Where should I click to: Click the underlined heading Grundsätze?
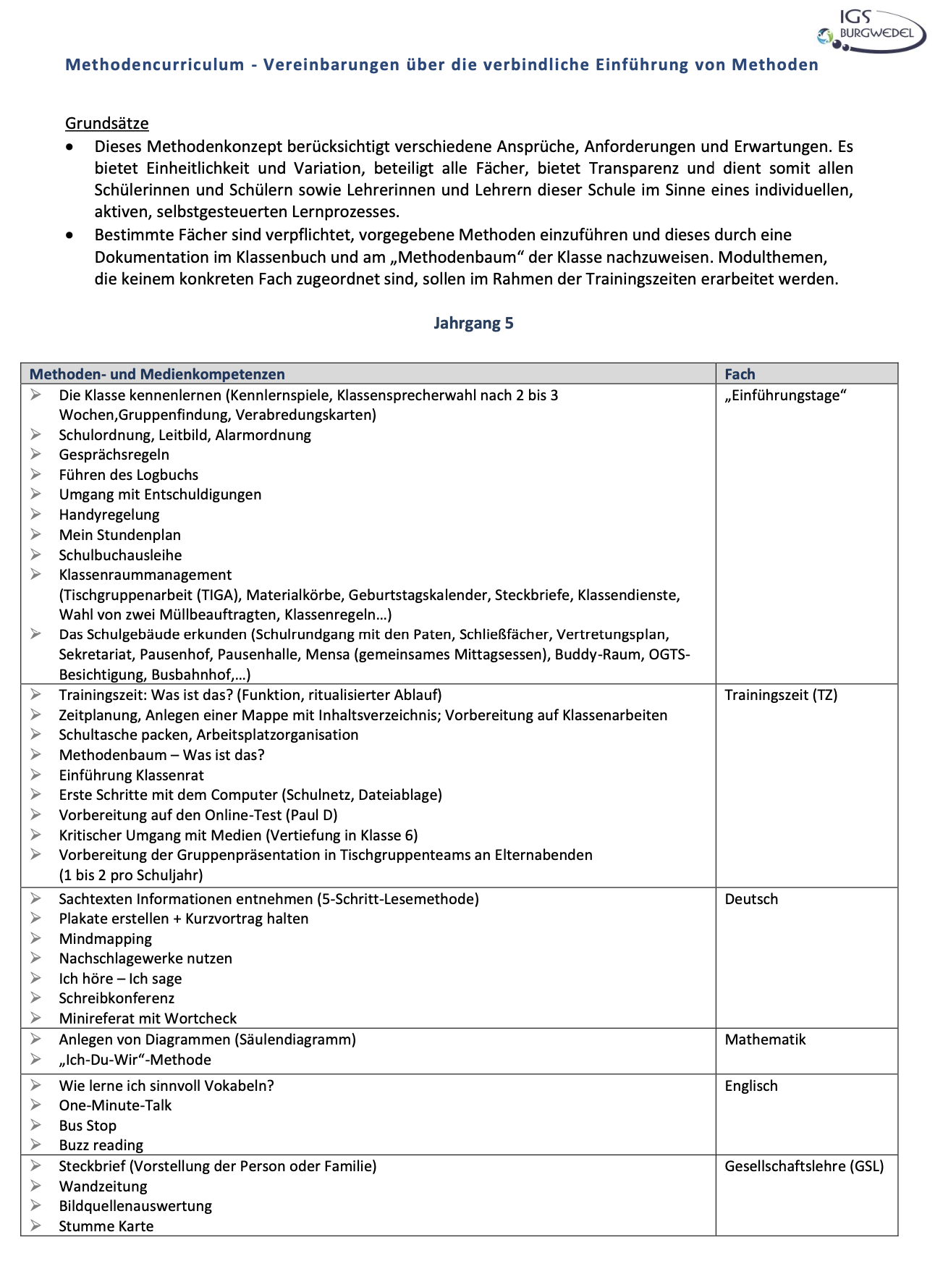tap(107, 123)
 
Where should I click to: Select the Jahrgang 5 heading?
tap(473, 323)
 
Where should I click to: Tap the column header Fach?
tap(740, 374)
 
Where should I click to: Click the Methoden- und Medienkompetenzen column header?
tap(157, 374)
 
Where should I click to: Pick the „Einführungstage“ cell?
tap(785, 395)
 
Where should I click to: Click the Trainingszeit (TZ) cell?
tap(781, 695)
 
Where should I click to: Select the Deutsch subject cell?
tap(751, 899)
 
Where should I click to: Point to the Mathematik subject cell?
tap(765, 1039)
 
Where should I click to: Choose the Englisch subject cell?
tap(751, 1086)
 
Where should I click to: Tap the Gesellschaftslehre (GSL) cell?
tap(804, 1166)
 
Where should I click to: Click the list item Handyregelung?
tap(109, 515)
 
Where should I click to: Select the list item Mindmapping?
tap(106, 939)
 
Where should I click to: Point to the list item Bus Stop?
tap(88, 1126)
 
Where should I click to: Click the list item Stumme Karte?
tap(106, 1226)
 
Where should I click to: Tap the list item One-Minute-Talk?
tap(115, 1105)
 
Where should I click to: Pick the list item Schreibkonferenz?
tap(117, 998)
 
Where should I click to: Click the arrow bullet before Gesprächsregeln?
tap(35, 455)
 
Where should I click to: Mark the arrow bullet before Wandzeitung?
tap(35, 1186)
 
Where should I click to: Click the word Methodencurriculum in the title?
tap(155, 64)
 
